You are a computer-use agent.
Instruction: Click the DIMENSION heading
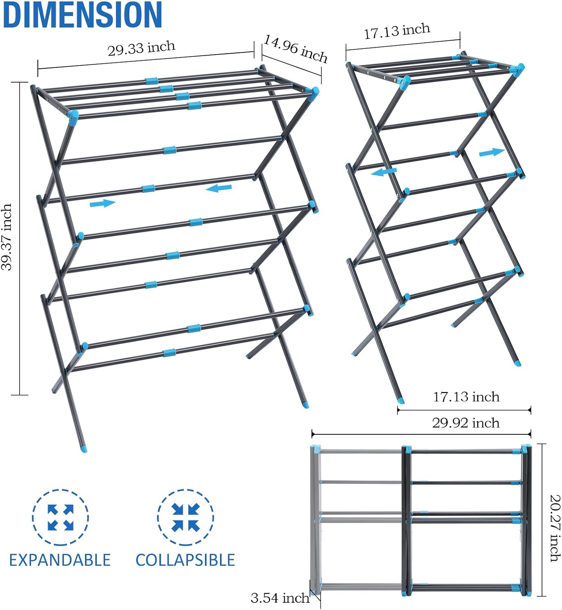tap(82, 15)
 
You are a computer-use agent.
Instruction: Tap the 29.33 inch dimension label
tap(141, 48)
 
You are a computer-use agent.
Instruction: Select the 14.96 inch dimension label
tap(296, 48)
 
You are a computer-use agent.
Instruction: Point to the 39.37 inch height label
tap(7, 237)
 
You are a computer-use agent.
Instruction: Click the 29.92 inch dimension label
tap(466, 423)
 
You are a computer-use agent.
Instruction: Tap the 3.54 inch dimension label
tap(280, 598)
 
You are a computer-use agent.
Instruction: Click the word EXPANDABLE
tap(60, 560)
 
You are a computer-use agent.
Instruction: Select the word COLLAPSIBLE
tap(185, 560)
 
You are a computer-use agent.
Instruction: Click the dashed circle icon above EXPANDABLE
tap(60, 517)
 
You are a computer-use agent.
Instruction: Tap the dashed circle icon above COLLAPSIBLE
tap(185, 517)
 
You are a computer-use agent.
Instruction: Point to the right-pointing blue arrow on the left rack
tap(102, 203)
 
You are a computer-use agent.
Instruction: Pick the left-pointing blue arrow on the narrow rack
tap(383, 172)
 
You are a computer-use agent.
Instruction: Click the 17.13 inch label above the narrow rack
tap(397, 32)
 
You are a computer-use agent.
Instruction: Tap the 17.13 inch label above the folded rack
tap(466, 396)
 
